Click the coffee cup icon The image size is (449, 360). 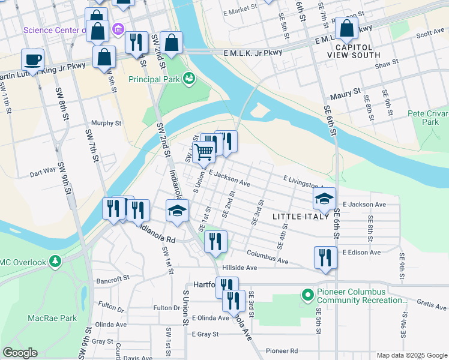[33, 59]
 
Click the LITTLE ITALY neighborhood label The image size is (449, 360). [301, 216]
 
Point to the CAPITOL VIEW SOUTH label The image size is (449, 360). [354, 50]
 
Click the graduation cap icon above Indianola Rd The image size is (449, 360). [177, 210]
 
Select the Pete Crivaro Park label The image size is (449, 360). [427, 117]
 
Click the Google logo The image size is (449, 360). [20, 353]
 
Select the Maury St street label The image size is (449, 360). [345, 94]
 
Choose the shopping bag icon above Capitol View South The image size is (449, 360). [346, 28]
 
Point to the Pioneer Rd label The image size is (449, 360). [282, 350]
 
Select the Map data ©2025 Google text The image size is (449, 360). [411, 355]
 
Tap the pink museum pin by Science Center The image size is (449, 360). [118, 29]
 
